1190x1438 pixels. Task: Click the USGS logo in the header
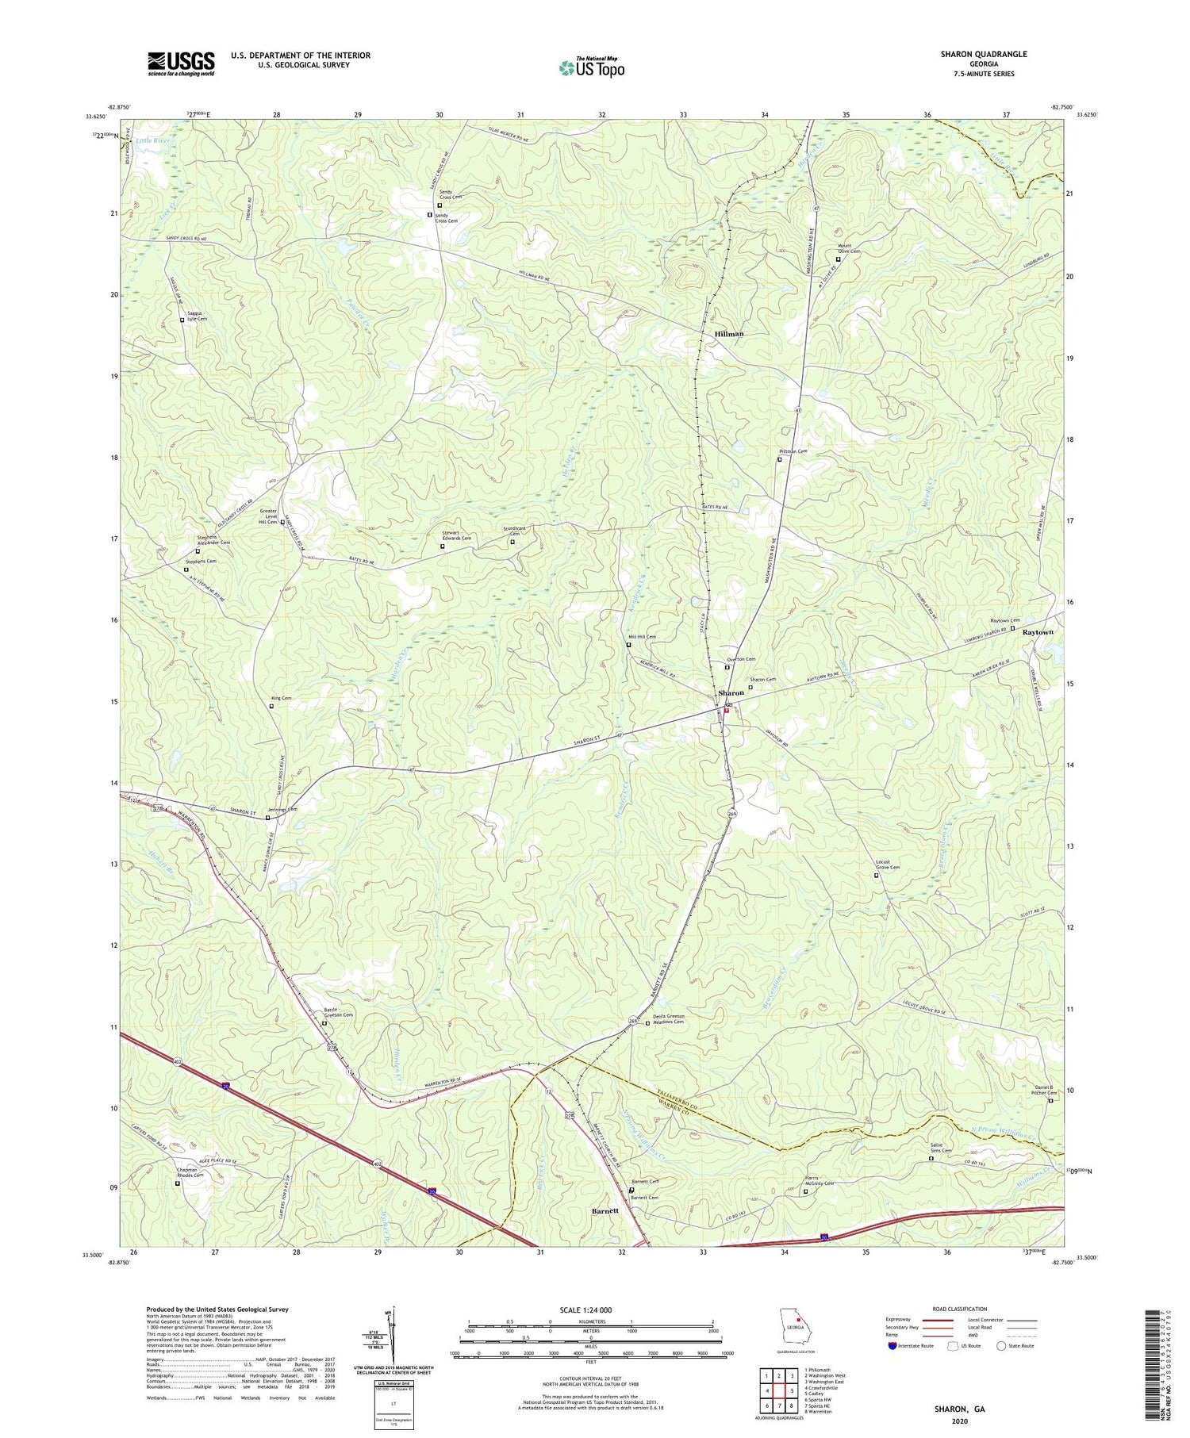tap(181, 63)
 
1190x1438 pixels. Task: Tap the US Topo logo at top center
tap(592, 67)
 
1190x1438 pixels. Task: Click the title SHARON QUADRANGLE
tap(983, 54)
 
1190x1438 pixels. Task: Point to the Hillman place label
tap(729, 334)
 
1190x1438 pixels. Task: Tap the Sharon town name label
tap(730, 693)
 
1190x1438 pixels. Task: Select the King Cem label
tap(281, 698)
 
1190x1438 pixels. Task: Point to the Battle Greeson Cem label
tap(339, 1013)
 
